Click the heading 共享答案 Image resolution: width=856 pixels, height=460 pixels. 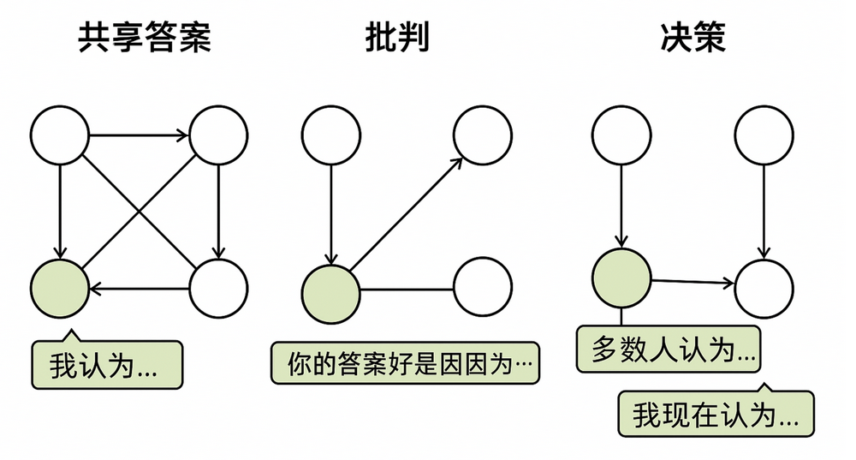[145, 38]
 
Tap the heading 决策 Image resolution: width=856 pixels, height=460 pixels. [693, 38]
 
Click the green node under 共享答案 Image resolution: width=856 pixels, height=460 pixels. [60, 288]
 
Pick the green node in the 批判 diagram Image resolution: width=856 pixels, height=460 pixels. [330, 290]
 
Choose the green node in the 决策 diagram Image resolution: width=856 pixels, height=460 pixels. [621, 277]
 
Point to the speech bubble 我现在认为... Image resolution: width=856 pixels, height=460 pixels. [716, 415]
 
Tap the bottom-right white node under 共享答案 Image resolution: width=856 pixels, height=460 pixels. [218, 288]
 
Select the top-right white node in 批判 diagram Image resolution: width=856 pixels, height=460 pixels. [483, 135]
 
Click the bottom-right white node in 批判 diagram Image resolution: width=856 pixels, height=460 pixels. [483, 289]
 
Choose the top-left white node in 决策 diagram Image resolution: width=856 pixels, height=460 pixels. [621, 135]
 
